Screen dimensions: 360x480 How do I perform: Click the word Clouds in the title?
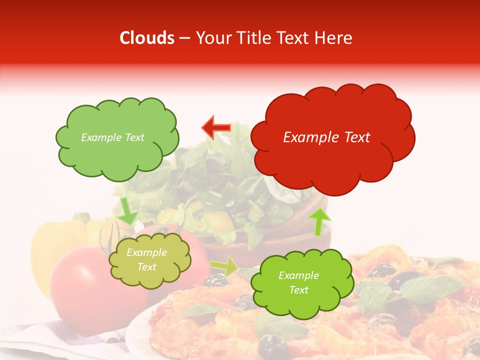(x=147, y=38)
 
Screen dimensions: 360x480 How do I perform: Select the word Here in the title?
(x=334, y=38)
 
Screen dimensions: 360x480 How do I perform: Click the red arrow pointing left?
(x=216, y=128)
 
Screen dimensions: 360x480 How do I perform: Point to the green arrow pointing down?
(x=127, y=210)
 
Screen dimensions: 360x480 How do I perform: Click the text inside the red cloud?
(x=326, y=137)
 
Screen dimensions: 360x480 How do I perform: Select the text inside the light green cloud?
(x=112, y=137)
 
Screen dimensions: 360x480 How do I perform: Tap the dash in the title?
(x=184, y=38)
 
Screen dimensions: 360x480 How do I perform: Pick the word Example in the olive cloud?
(x=147, y=253)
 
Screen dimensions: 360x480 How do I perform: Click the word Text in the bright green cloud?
(x=298, y=290)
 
